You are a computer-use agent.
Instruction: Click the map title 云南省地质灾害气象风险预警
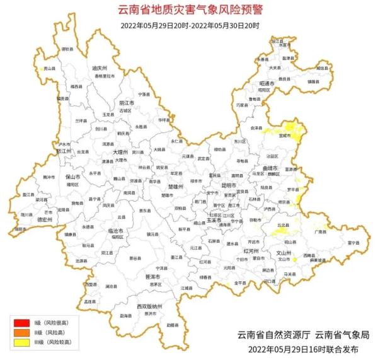(x=190, y=10)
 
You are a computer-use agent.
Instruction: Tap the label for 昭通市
(x=268, y=83)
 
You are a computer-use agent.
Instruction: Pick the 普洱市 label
(x=154, y=276)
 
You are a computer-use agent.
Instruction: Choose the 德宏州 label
(x=28, y=220)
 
